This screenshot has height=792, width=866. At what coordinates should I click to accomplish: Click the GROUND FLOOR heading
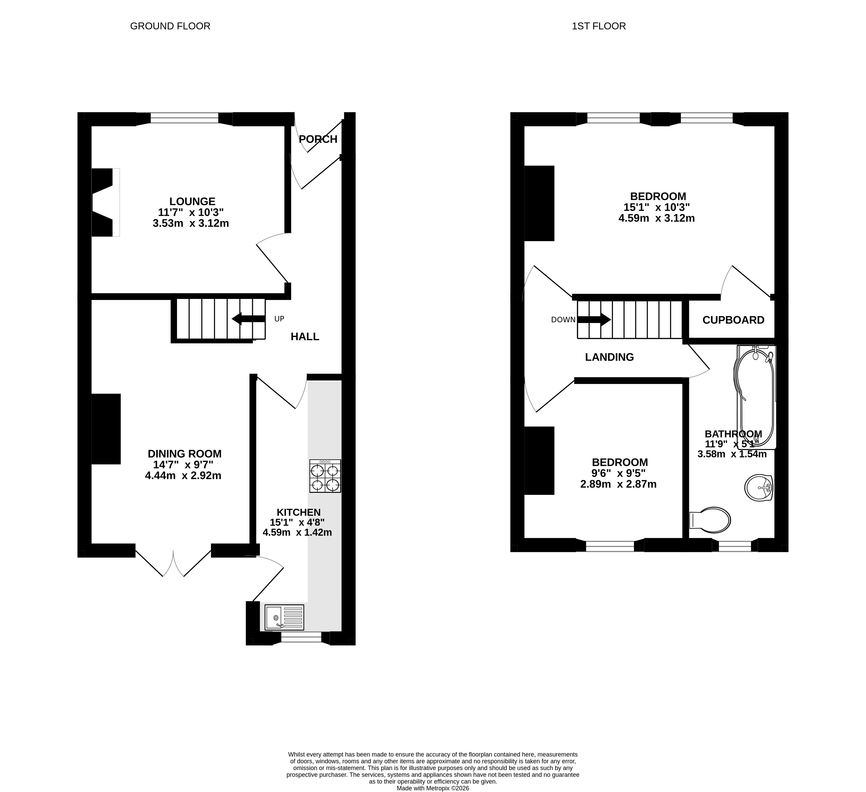[170, 26]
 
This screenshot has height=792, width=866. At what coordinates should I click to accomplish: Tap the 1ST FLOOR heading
[599, 26]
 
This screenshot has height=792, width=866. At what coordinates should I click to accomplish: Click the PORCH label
[318, 139]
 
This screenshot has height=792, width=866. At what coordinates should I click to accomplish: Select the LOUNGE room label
[192, 201]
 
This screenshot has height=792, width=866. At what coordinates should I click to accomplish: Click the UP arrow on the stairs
[248, 319]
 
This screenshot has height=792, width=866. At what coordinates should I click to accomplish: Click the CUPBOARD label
[733, 320]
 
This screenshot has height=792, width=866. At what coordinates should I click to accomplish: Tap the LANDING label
[609, 357]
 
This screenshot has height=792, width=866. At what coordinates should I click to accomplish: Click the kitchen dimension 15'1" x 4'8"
[297, 522]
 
